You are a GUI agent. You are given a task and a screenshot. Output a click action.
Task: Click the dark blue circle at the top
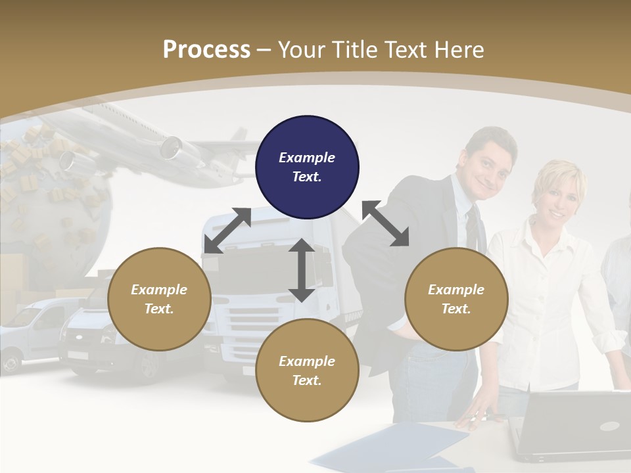click(x=307, y=167)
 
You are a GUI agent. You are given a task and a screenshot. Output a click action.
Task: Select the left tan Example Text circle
click(x=159, y=299)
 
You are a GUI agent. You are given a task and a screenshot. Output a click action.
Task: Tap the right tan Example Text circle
click(x=456, y=299)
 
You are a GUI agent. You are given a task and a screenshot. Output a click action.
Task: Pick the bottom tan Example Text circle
click(x=307, y=371)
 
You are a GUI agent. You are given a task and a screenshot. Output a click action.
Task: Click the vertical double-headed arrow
click(x=302, y=270)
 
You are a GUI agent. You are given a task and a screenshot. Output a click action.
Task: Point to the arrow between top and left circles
click(x=227, y=230)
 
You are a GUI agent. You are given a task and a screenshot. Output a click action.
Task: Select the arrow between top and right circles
click(x=385, y=223)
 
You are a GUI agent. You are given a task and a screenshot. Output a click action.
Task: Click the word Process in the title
click(x=206, y=49)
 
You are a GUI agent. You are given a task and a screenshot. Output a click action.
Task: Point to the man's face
click(x=488, y=164)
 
